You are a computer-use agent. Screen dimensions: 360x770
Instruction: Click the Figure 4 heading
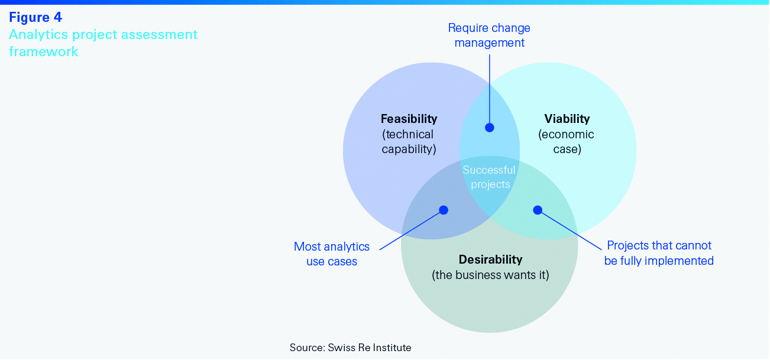(x=35, y=17)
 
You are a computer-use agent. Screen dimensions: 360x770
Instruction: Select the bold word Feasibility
(x=409, y=119)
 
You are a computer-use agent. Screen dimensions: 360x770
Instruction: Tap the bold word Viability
(x=567, y=119)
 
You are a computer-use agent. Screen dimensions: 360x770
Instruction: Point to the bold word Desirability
(x=490, y=260)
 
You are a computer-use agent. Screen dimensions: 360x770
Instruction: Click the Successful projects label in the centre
(x=489, y=177)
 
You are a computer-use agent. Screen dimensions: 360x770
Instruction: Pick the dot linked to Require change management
(x=489, y=127)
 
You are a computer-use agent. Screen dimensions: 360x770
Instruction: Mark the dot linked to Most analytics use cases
(x=444, y=210)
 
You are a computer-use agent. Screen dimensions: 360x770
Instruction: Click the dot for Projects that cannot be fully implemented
(x=538, y=210)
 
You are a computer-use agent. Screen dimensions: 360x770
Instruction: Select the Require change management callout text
(x=489, y=35)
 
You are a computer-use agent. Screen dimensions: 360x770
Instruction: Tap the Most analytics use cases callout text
(x=332, y=254)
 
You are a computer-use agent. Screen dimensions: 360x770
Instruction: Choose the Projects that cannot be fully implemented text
(x=659, y=253)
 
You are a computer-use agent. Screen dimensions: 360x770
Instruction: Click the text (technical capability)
(x=409, y=142)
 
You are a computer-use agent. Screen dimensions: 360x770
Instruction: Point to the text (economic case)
(x=567, y=142)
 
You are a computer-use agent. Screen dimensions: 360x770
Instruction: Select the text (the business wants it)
(x=490, y=275)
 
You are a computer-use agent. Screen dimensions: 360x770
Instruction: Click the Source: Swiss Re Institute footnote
(x=350, y=348)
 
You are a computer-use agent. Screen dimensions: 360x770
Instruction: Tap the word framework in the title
(x=43, y=51)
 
